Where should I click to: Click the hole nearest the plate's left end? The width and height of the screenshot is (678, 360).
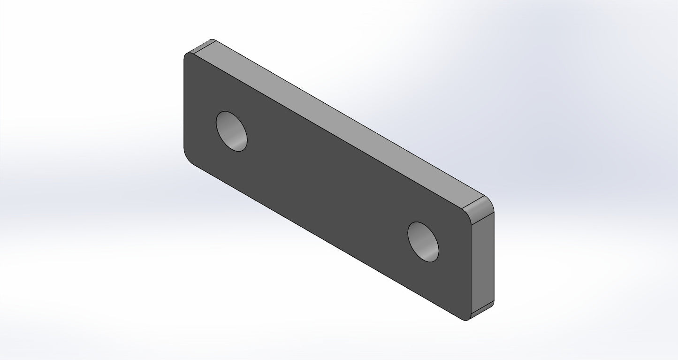[231, 131]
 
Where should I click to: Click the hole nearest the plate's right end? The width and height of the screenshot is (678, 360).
[423, 242]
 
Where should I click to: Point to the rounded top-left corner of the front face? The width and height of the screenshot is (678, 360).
[186, 56]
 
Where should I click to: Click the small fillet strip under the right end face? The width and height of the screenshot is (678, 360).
[482, 310]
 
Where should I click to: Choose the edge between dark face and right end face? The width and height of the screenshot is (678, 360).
[471, 268]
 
